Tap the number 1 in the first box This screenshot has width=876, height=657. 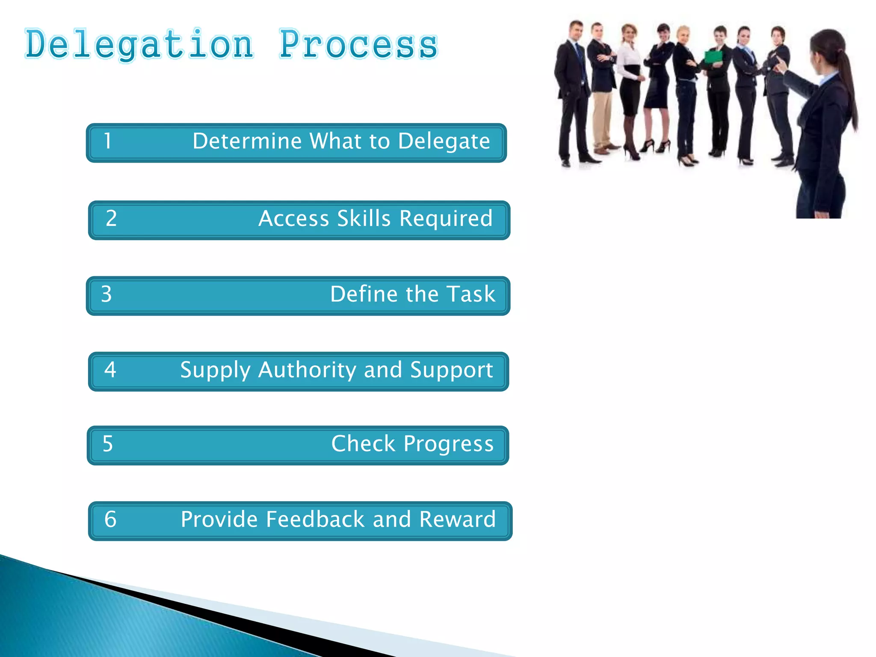(108, 141)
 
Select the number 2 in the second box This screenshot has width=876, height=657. (111, 219)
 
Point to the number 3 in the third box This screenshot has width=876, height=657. (107, 294)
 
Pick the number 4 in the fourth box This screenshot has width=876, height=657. (110, 370)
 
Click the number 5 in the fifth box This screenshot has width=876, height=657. (108, 444)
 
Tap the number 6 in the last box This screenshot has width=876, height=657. (110, 520)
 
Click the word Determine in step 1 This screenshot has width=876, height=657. (247, 141)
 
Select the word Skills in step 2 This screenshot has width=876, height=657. (364, 219)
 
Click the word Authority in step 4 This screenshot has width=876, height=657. (307, 370)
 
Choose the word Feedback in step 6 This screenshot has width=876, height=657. (315, 520)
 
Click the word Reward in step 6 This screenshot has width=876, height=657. (457, 520)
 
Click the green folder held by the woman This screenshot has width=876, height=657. (713, 57)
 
